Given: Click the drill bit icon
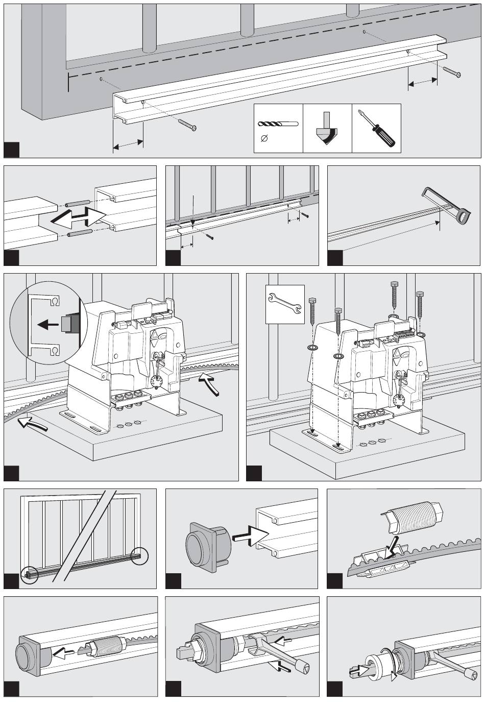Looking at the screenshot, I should pyautogui.click(x=278, y=124).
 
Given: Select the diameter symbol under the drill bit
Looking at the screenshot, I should pyautogui.click(x=263, y=138).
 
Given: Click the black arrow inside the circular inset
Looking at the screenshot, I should pyautogui.click(x=48, y=324).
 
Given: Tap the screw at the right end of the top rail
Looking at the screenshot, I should pyautogui.click(x=452, y=72).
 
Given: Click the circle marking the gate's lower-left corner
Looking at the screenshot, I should pyautogui.click(x=29, y=574).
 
